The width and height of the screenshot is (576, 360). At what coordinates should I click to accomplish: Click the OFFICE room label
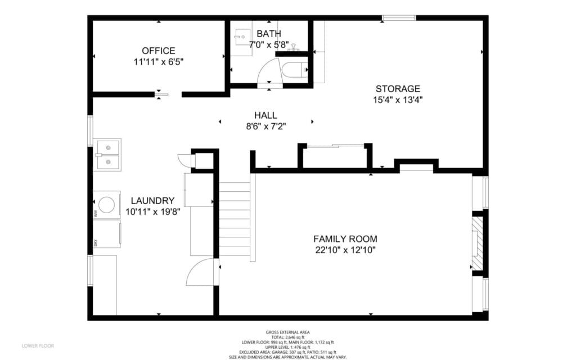158,51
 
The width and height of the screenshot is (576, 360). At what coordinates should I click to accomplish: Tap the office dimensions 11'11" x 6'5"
158,62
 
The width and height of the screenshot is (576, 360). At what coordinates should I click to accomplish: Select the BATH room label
269,34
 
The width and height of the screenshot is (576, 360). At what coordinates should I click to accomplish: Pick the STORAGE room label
398,88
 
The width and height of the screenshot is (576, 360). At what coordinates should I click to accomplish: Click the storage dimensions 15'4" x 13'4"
398,100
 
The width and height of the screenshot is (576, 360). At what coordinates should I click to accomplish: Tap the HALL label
265,115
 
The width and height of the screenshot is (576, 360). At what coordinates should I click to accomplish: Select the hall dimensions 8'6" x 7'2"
265,127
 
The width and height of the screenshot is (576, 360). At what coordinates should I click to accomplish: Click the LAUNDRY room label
152,201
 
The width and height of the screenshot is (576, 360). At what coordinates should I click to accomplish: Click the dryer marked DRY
107,233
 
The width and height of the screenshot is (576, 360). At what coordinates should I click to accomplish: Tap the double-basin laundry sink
107,154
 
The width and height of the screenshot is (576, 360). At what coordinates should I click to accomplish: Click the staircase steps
234,219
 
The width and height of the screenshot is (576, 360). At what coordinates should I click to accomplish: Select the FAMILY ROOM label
345,238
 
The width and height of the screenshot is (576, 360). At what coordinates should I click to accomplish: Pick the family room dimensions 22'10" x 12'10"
345,250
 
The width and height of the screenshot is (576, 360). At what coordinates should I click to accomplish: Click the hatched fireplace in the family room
478,244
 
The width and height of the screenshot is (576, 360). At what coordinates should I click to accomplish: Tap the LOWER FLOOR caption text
38,345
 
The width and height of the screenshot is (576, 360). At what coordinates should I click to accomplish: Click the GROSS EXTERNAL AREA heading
287,332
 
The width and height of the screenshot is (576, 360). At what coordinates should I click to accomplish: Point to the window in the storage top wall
398,18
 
